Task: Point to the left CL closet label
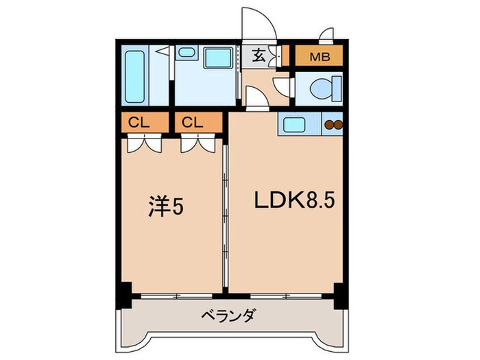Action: click(139, 124)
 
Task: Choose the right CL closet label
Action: click(193, 124)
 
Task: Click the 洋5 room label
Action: click(166, 206)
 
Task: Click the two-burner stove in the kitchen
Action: click(333, 125)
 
